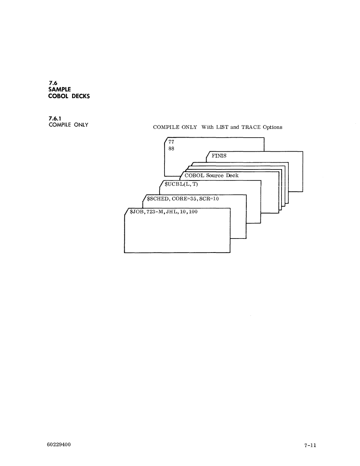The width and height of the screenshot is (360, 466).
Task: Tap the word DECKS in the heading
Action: (x=81, y=96)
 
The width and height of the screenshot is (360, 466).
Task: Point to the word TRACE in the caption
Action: (x=251, y=127)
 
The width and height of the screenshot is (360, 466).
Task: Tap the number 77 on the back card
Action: (x=171, y=142)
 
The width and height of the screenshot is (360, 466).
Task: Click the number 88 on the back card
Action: (x=171, y=148)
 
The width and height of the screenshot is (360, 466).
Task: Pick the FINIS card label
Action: (x=219, y=156)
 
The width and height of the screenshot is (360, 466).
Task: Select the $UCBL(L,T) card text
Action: (x=182, y=184)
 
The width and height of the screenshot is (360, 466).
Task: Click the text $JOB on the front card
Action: (x=136, y=212)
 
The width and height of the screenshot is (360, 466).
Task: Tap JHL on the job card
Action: (x=172, y=212)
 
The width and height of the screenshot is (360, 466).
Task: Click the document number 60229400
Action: (x=59, y=444)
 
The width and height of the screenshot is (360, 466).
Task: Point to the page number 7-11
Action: (x=310, y=446)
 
